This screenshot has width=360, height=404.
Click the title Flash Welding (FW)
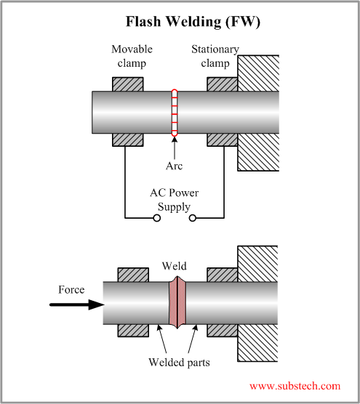193,22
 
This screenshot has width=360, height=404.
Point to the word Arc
174,166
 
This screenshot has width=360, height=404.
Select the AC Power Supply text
175,199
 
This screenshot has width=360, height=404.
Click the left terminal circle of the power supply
156,217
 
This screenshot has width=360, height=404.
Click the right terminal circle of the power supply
193,217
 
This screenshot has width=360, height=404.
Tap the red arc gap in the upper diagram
174,113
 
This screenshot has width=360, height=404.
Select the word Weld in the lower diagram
175,266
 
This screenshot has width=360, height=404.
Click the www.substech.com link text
295,386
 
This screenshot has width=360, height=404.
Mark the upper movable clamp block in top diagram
127,83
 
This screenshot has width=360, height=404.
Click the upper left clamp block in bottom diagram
133,275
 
